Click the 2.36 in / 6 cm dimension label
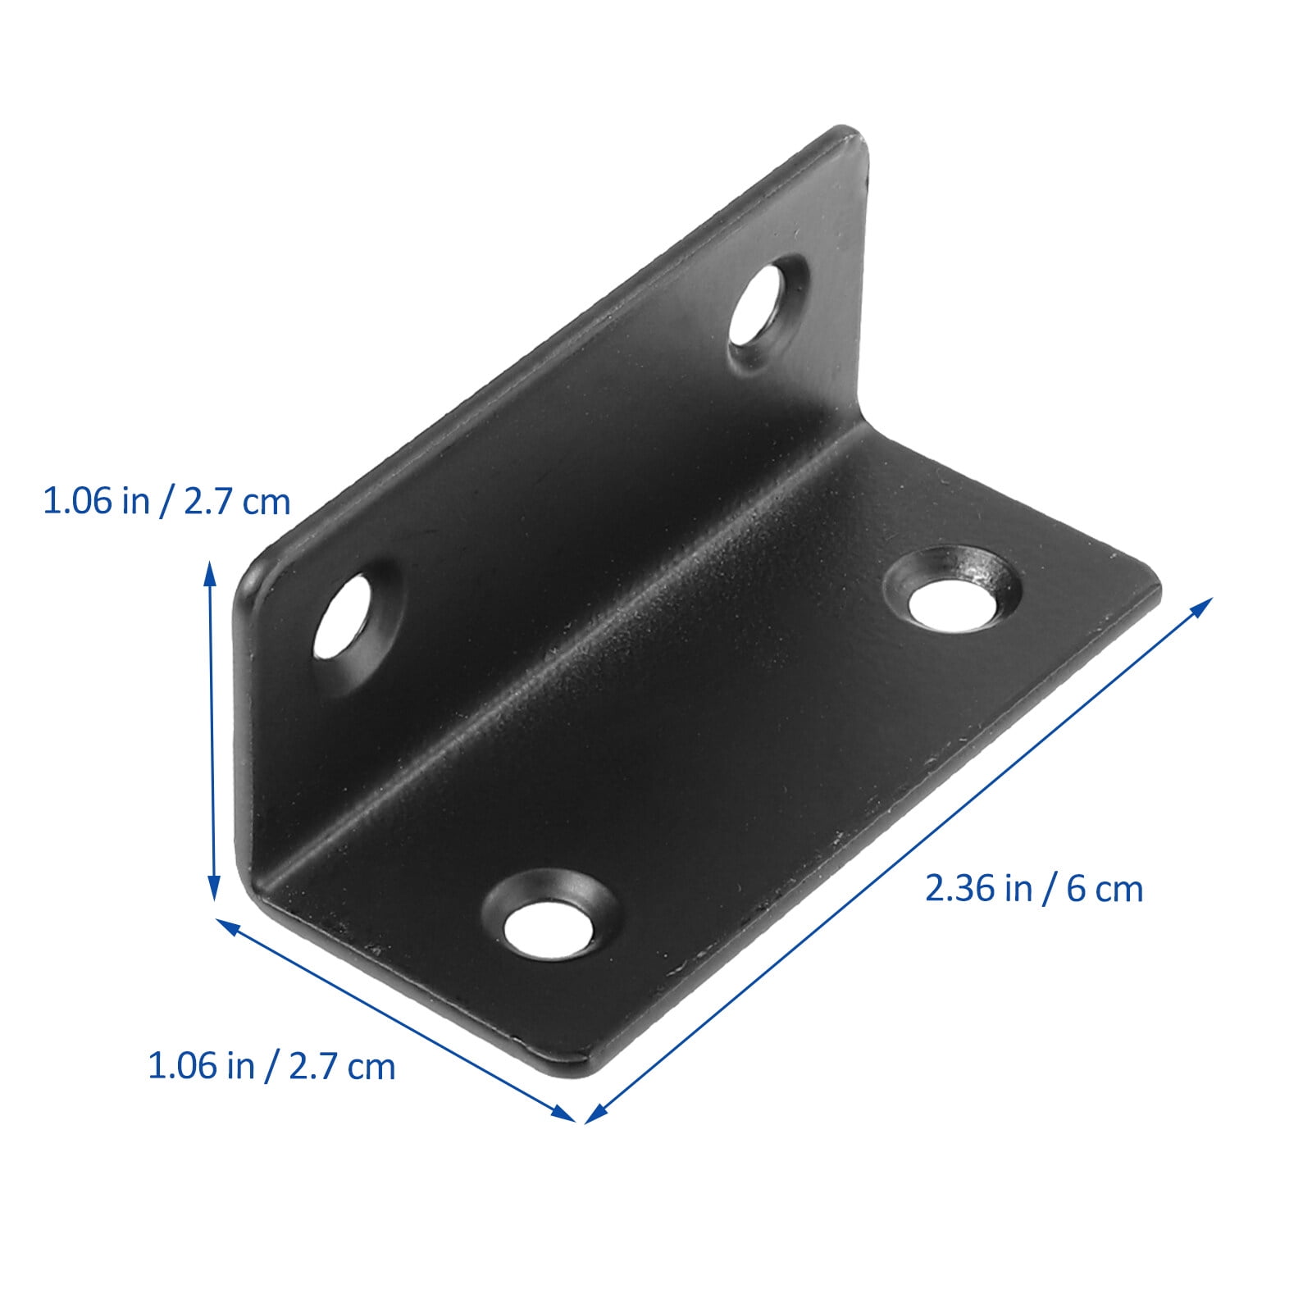click(1033, 889)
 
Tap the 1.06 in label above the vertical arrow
click(166, 501)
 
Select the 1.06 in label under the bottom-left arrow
click(271, 1067)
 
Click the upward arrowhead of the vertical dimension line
click(211, 570)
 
